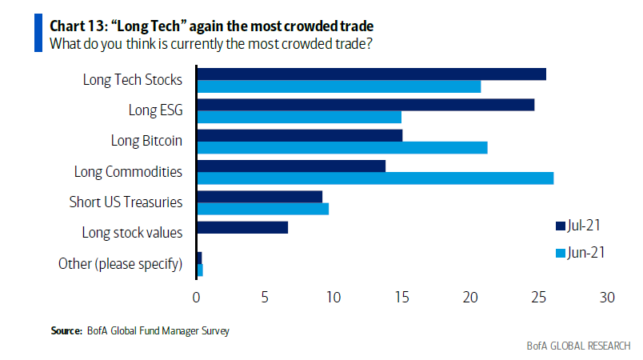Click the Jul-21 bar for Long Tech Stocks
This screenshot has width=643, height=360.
coord(372,74)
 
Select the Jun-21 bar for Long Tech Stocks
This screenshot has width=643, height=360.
coord(339,86)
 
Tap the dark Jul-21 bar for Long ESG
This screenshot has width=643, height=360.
coord(365,105)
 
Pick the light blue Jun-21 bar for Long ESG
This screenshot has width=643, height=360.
coord(299,118)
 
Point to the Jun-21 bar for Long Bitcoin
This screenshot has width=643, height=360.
coord(342,148)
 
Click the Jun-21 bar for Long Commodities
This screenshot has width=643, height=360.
coord(375,178)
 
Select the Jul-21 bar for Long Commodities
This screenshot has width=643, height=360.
coord(291,166)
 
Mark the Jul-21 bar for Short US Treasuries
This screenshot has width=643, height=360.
coord(260,197)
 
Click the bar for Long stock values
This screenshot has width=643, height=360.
coord(242,227)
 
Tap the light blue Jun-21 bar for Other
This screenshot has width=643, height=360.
coord(200,270)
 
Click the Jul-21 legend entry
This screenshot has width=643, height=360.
coord(577,226)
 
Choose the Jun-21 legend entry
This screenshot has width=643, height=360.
coord(580,253)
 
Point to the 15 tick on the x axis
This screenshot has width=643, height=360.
coord(401,298)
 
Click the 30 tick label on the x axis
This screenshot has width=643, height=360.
coord(607,298)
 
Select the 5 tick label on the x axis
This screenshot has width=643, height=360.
coord(265,298)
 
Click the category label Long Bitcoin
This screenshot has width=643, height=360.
coord(146,141)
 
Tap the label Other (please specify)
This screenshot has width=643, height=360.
coord(120,264)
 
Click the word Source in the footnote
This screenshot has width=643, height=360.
coord(66,330)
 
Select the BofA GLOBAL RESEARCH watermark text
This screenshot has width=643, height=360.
coord(578,346)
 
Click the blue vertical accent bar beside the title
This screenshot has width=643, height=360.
coord(38,33)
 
